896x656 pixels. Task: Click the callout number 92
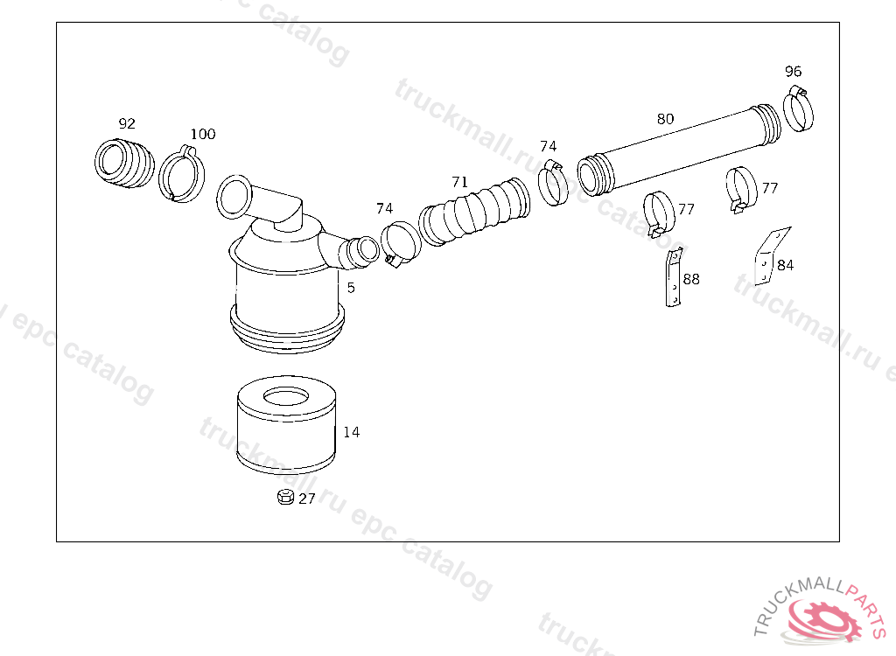(x=127, y=123)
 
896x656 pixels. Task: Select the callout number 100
(x=203, y=135)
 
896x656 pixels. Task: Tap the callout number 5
(x=351, y=288)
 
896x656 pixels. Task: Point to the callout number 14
(x=352, y=432)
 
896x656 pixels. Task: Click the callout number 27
(x=307, y=499)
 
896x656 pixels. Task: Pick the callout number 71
(x=460, y=182)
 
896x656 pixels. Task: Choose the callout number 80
(x=665, y=119)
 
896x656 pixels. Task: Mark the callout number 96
(x=793, y=72)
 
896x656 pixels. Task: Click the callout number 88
(x=691, y=279)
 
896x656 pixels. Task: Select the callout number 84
(x=785, y=265)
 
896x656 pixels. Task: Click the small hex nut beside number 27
(x=285, y=497)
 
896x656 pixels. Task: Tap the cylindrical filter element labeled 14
(x=286, y=425)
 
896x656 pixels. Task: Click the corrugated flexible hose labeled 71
(x=474, y=212)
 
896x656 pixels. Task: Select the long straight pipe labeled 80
(x=679, y=150)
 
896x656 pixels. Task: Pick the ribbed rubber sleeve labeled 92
(x=124, y=163)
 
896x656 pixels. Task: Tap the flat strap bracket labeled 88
(x=675, y=278)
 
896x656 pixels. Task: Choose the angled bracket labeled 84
(x=771, y=256)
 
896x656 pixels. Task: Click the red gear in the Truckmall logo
(x=822, y=620)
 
